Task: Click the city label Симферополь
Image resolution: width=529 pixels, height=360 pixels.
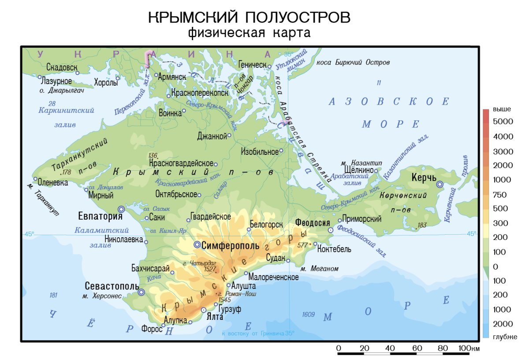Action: (x=230, y=246)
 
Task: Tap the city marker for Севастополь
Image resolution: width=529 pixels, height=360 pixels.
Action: (x=141, y=292)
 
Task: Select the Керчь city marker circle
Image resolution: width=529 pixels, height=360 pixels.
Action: (x=440, y=185)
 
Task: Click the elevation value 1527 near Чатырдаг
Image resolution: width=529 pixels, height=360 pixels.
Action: (x=210, y=269)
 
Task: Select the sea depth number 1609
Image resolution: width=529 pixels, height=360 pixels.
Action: (x=308, y=315)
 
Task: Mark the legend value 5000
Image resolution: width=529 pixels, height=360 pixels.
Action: (x=503, y=122)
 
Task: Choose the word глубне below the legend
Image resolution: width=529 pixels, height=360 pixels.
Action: (x=505, y=337)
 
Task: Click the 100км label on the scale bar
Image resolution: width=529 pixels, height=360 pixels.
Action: (x=468, y=349)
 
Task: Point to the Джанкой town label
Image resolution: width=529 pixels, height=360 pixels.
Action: (x=212, y=135)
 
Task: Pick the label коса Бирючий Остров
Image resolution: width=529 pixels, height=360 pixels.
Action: (x=353, y=63)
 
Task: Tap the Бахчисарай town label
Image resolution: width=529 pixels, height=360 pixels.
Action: (x=150, y=268)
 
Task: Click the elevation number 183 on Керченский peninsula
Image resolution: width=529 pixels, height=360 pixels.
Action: (x=422, y=225)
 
